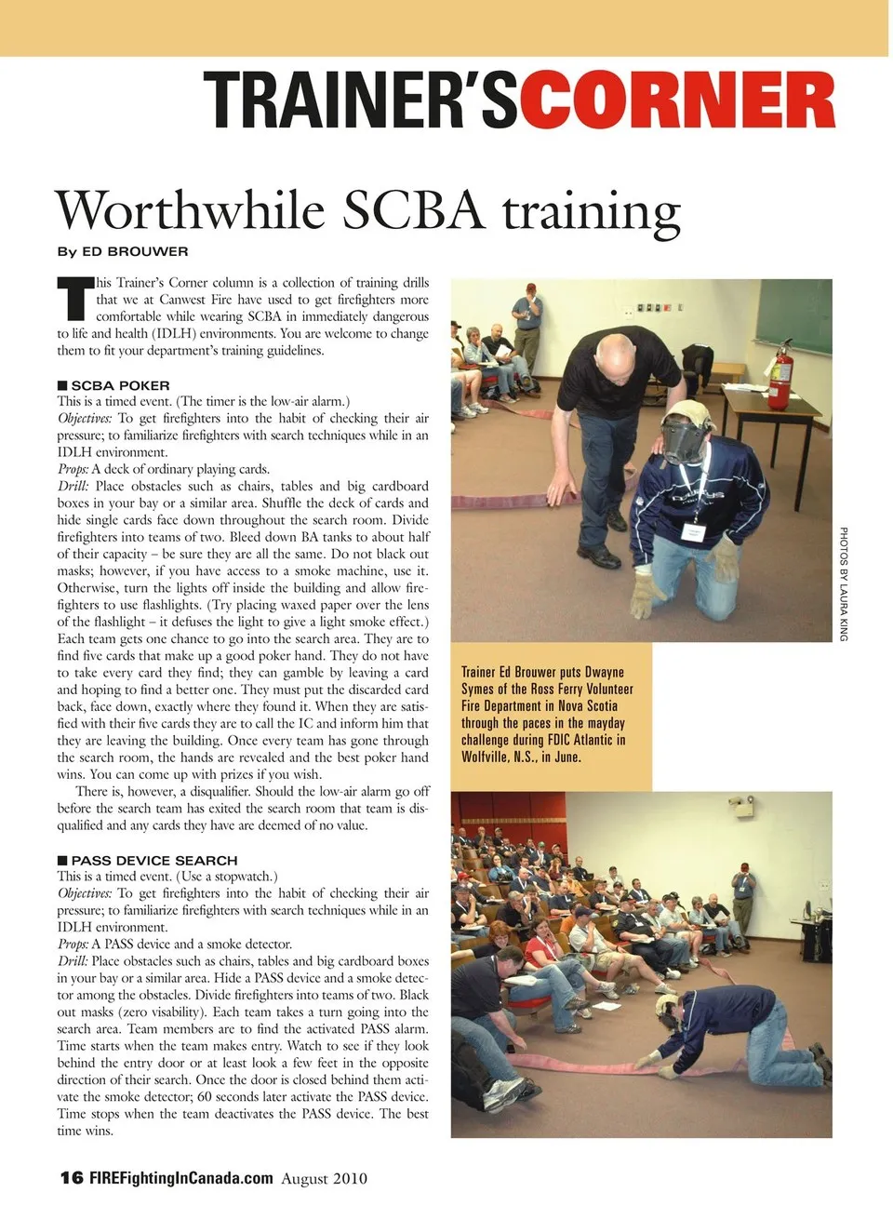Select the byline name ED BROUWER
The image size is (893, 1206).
click(x=135, y=251)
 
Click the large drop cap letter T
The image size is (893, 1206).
click(x=74, y=297)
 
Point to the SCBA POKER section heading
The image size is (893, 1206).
click(x=120, y=385)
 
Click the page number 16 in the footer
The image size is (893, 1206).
click(x=72, y=1178)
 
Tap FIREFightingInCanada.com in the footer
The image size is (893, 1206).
click(x=181, y=1178)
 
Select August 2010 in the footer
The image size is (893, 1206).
click(x=324, y=1179)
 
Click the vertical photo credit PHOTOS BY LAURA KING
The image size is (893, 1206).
click(x=844, y=583)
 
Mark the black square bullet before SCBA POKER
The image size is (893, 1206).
click(x=62, y=385)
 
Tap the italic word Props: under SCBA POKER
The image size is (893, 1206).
click(x=73, y=469)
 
